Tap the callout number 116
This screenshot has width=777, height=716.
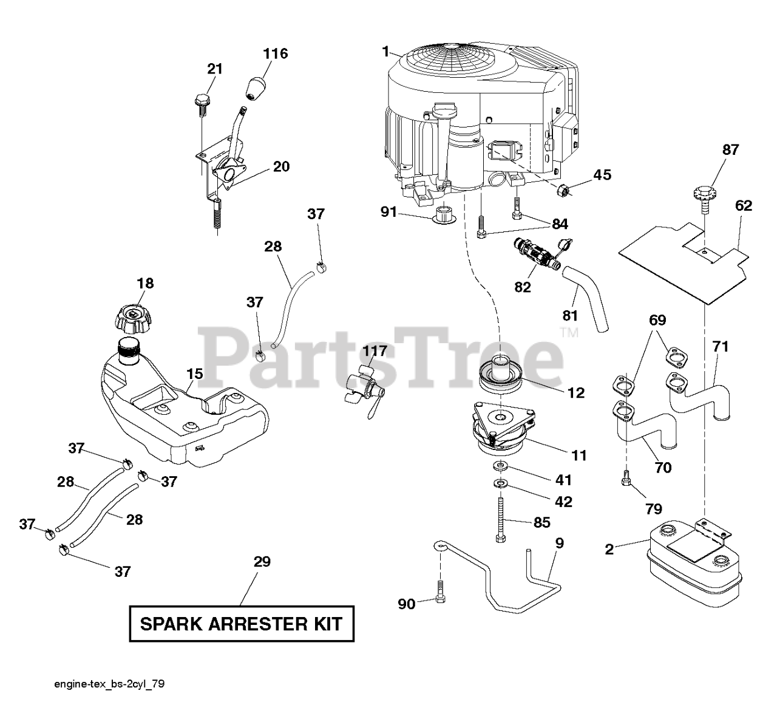coord(275,53)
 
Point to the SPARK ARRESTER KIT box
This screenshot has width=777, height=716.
coord(241,623)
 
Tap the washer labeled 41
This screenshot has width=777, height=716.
coord(500,466)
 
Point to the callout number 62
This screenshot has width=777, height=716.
coord(743,206)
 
